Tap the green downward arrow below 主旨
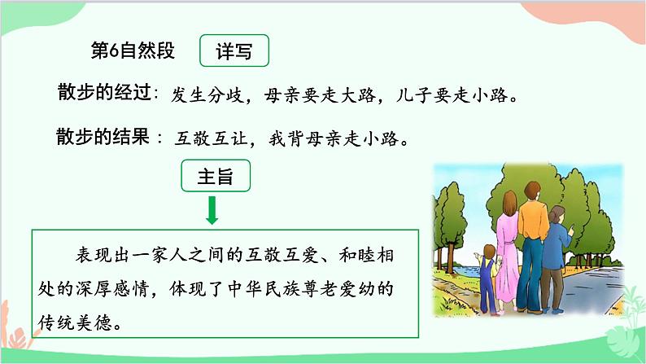(212, 211)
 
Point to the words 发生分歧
(206, 95)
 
